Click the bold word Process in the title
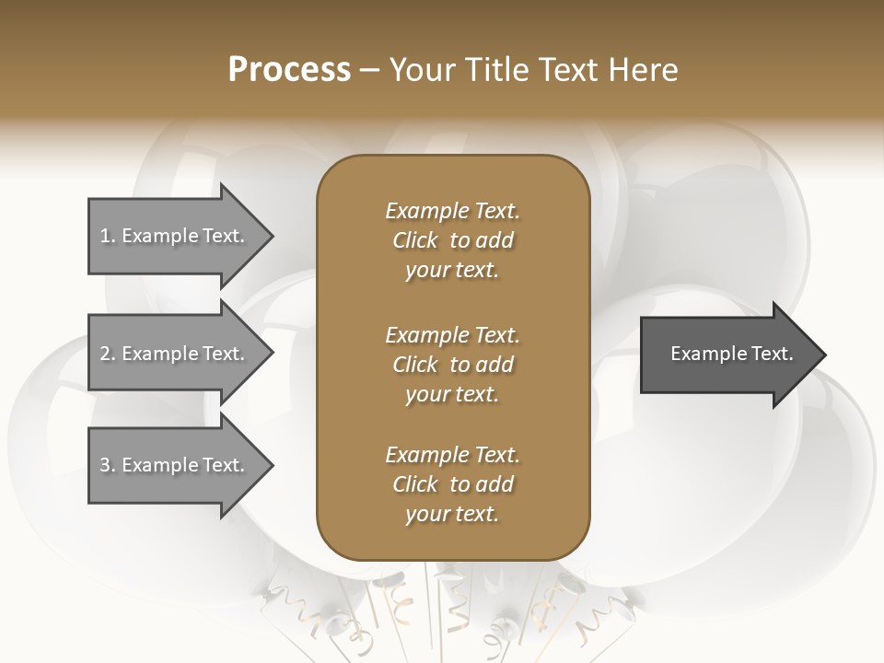click(289, 70)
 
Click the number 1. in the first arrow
click(108, 236)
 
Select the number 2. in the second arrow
click(108, 354)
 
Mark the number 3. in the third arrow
click(108, 465)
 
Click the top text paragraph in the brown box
click(452, 240)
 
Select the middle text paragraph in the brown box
click(452, 365)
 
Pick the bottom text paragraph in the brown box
click(452, 484)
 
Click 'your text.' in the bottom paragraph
click(452, 515)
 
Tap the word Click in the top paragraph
click(415, 240)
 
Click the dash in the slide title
click(369, 71)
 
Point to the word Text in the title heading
click(567, 70)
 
